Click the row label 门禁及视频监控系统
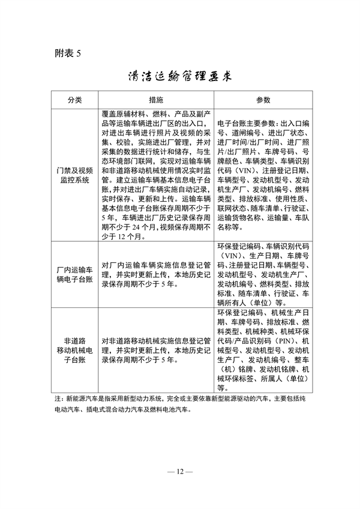point(74,174)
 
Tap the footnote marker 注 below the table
point(58,398)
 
